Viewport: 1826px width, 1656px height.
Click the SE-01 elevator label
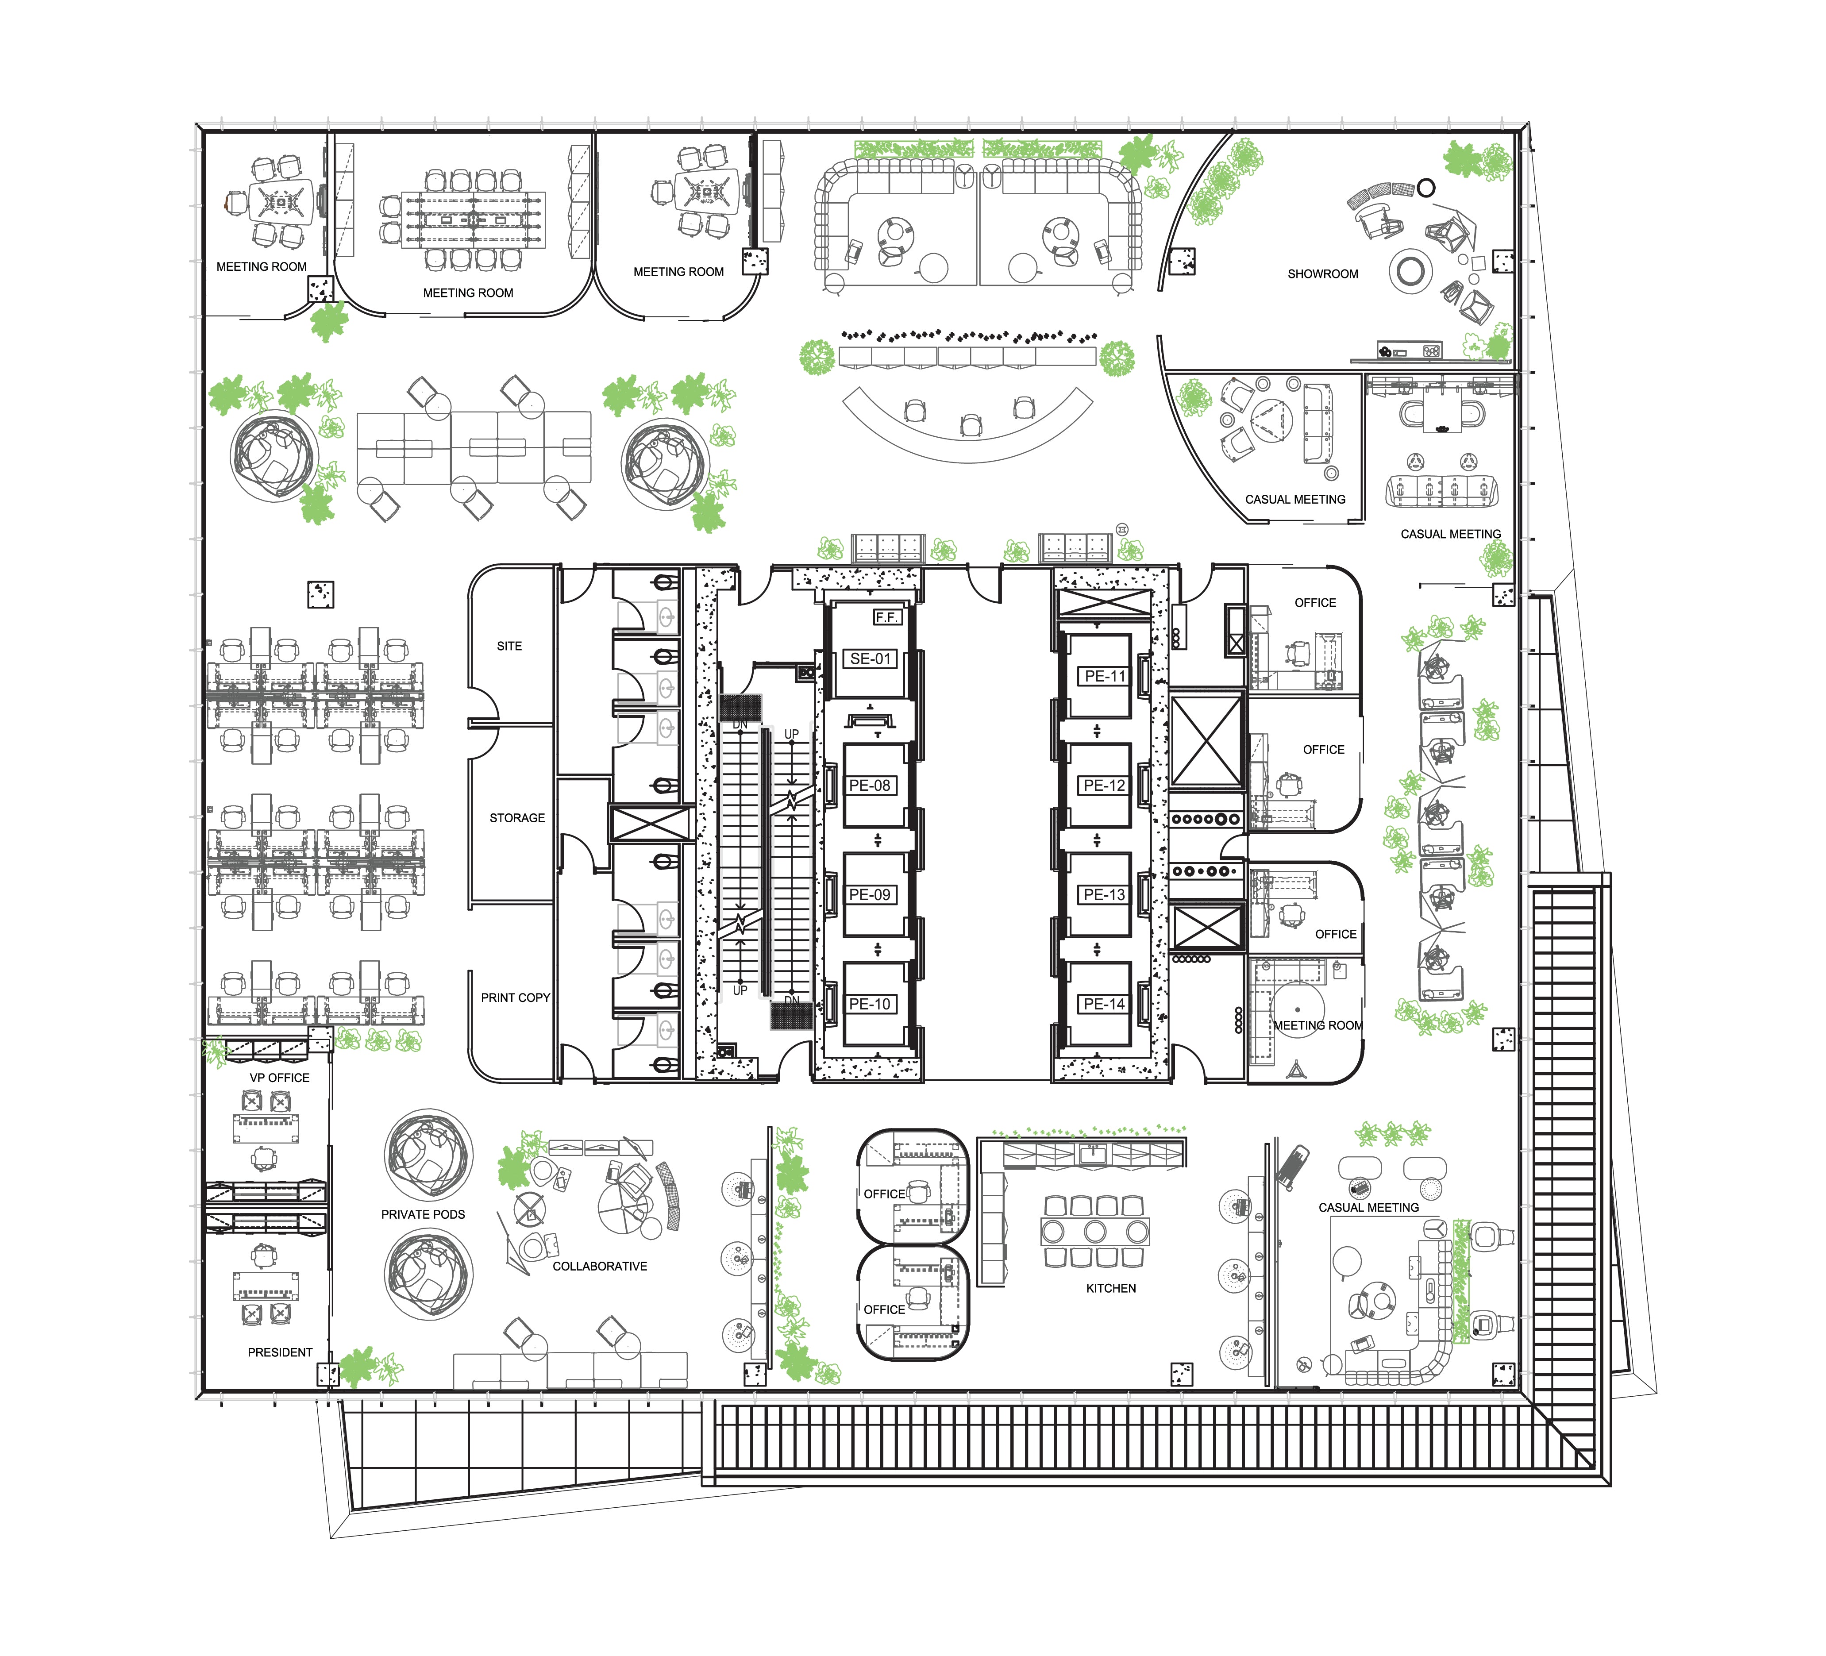pos(871,659)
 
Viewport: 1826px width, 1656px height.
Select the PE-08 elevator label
pos(870,786)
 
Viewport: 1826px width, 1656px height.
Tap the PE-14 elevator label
pos(1104,1004)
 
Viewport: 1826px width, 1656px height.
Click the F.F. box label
pos(886,617)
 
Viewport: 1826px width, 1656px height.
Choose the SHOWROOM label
pos(1322,273)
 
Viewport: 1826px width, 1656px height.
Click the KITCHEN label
pos(1110,1288)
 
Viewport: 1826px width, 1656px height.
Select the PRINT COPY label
pos(516,997)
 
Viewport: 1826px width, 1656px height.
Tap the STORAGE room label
pos(517,818)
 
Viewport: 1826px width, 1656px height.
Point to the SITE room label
pos(509,646)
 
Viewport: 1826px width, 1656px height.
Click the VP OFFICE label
pos(280,1078)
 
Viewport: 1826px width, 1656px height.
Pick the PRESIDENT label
pos(280,1352)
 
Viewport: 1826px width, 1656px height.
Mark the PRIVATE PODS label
pos(423,1215)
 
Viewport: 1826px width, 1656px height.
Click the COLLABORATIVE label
pos(600,1267)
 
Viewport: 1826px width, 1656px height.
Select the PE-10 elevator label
pos(870,1004)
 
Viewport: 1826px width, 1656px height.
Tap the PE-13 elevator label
pos(1104,894)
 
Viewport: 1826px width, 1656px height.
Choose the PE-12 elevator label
pos(1104,786)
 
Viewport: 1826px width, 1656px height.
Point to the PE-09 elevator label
pos(870,894)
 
